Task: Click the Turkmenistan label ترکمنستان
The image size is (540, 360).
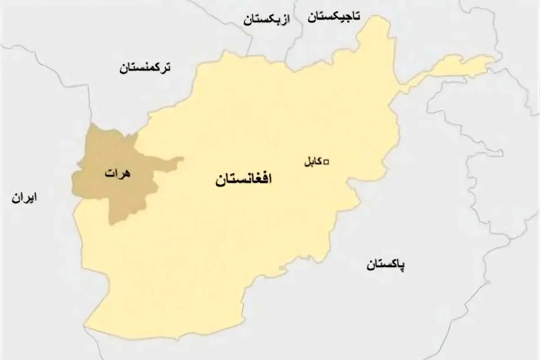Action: point(145,68)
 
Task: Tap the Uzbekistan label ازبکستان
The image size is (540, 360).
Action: point(267,20)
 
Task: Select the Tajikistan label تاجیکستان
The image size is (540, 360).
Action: point(334,17)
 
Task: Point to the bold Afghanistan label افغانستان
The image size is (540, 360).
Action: point(244,180)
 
